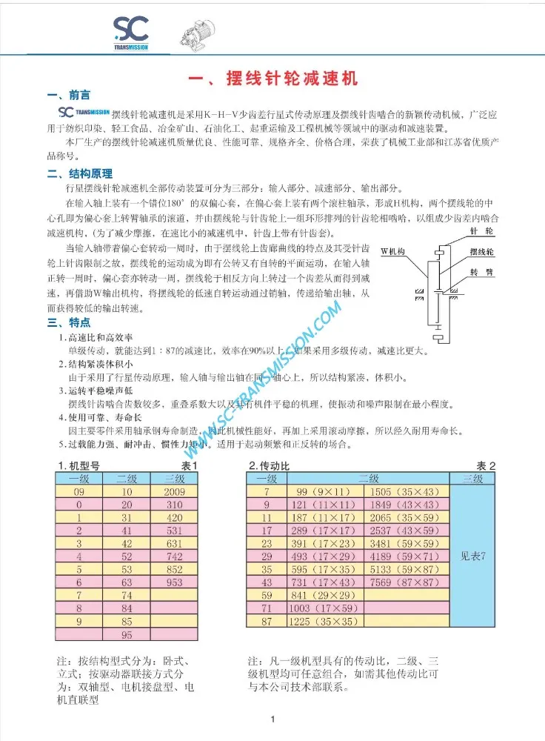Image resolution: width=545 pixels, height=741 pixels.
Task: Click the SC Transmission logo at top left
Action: tap(131, 33)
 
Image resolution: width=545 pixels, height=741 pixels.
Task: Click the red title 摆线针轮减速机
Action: tap(272, 79)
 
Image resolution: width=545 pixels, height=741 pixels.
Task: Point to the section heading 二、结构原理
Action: tap(79, 174)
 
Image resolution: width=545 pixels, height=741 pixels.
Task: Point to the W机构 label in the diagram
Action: tap(393, 252)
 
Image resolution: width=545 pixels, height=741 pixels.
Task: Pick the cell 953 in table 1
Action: tap(175, 582)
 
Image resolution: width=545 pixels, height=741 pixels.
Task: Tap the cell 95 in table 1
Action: tap(127, 635)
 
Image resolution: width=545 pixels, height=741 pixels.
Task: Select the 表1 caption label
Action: tap(190, 465)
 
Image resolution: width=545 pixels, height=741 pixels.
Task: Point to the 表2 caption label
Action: tap(486, 465)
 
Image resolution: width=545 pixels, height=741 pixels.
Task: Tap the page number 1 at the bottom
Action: tap(273, 719)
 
